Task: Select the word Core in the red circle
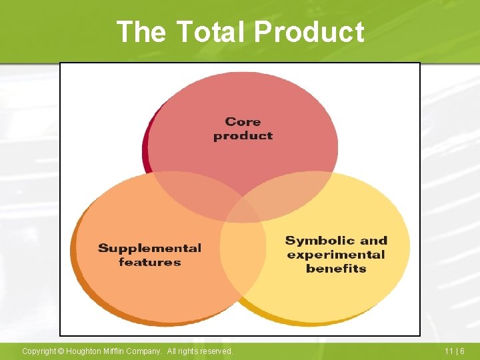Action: [x=243, y=121]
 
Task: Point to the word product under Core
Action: [x=243, y=135]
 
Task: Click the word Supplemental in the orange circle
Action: [x=149, y=248]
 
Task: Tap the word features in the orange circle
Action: [x=149, y=262]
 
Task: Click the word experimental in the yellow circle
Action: [x=336, y=255]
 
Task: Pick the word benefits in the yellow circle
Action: [x=336, y=269]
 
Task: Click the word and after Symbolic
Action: [x=373, y=241]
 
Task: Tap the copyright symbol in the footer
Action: [x=61, y=351]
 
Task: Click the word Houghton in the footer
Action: [x=85, y=351]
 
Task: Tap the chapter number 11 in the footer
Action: [x=449, y=351]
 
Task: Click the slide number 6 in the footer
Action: [x=462, y=351]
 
